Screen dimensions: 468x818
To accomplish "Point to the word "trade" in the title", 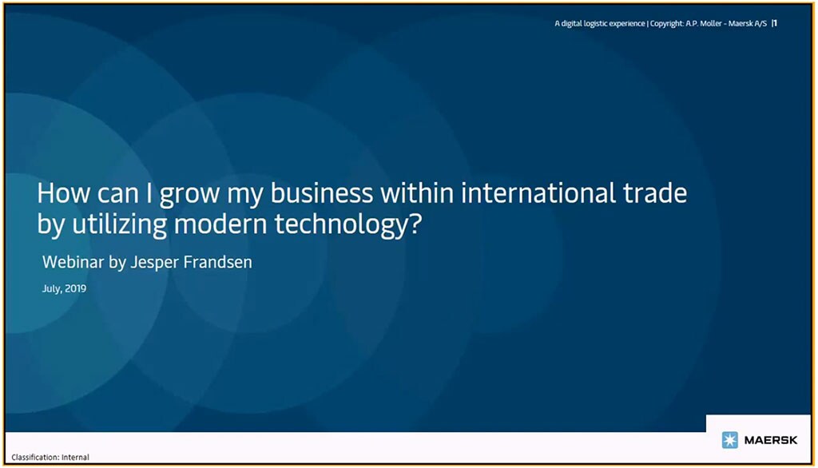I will tap(655, 194).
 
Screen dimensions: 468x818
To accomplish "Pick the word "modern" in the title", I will tap(222, 225).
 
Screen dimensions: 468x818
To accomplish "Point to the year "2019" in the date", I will tap(75, 288).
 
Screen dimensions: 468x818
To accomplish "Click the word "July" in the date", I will tap(51, 288).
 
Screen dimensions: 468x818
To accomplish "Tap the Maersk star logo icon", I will tap(729, 440).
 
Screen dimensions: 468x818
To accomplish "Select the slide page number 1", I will tap(775, 23).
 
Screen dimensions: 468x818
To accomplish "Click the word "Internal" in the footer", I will tap(76, 458).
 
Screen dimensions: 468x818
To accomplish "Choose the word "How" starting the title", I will tap(58, 194).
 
